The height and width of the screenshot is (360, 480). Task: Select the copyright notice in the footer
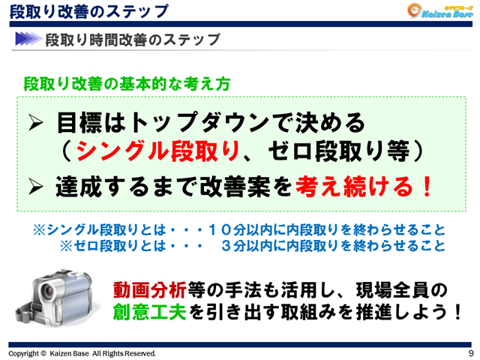[x=82, y=352]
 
